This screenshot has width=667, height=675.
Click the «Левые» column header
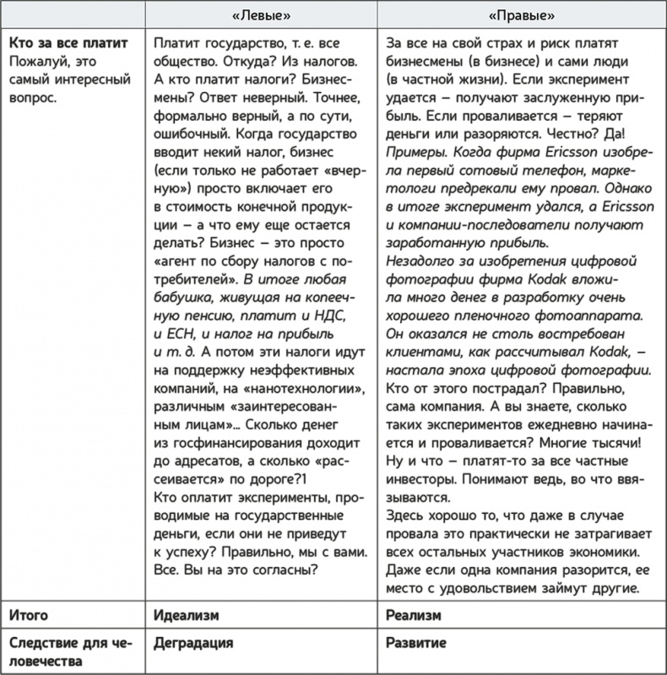(260, 15)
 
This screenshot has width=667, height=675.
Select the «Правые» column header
(521, 15)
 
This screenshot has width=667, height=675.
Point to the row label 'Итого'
(28, 616)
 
